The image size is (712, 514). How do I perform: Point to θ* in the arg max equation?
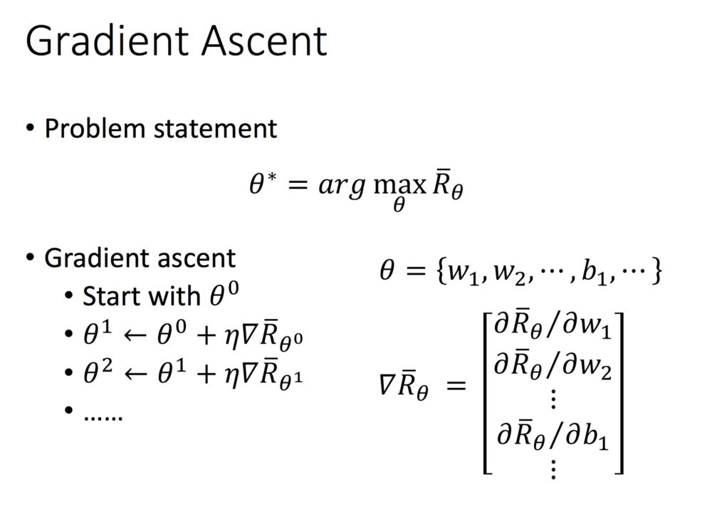tap(262, 187)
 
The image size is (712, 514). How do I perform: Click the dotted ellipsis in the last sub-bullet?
tap(103, 415)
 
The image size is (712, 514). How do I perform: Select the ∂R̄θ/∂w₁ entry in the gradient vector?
tap(553, 327)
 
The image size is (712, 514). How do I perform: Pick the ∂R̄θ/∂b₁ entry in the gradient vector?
tap(553, 434)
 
